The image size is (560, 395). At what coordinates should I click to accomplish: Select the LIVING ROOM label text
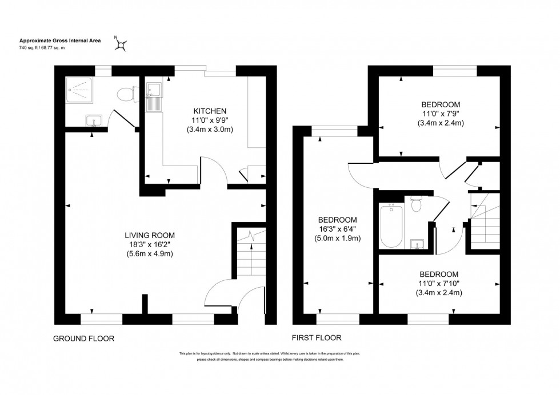point(150,235)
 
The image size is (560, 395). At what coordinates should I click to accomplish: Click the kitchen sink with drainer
point(154,98)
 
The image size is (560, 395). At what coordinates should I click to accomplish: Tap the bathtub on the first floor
point(392,226)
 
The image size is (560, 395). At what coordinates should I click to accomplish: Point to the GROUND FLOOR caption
point(83,338)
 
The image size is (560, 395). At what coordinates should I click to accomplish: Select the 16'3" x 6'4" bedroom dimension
point(338,229)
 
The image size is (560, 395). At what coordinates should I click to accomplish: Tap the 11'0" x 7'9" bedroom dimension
point(441,114)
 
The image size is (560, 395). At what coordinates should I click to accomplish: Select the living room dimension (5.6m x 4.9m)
point(150,254)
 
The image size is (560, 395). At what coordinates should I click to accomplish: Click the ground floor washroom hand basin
point(94,120)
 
